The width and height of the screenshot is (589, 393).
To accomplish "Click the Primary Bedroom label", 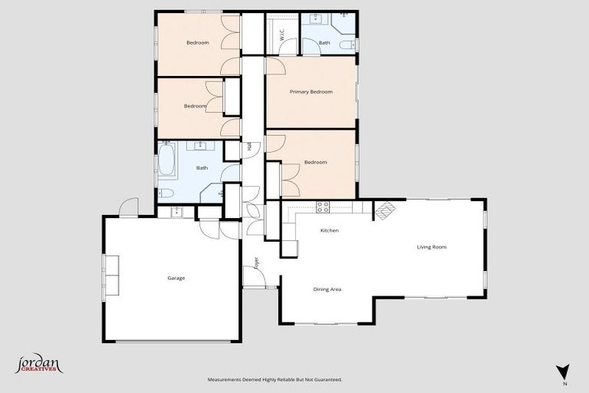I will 311,92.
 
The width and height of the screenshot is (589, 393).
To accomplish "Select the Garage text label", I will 176,278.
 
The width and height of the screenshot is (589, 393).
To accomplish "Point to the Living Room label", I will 431,247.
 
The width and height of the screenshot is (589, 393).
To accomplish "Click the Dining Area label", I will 327,289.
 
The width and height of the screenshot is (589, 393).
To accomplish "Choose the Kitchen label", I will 329,230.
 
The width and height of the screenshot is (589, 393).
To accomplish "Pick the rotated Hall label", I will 249,147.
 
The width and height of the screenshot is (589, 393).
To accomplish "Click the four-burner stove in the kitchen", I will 323,206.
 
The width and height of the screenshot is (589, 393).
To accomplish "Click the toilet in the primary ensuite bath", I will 348,45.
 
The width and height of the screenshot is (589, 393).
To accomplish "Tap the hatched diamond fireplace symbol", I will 384,210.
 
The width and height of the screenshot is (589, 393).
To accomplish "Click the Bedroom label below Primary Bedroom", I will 315,162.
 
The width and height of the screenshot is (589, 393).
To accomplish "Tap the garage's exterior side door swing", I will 129,207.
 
